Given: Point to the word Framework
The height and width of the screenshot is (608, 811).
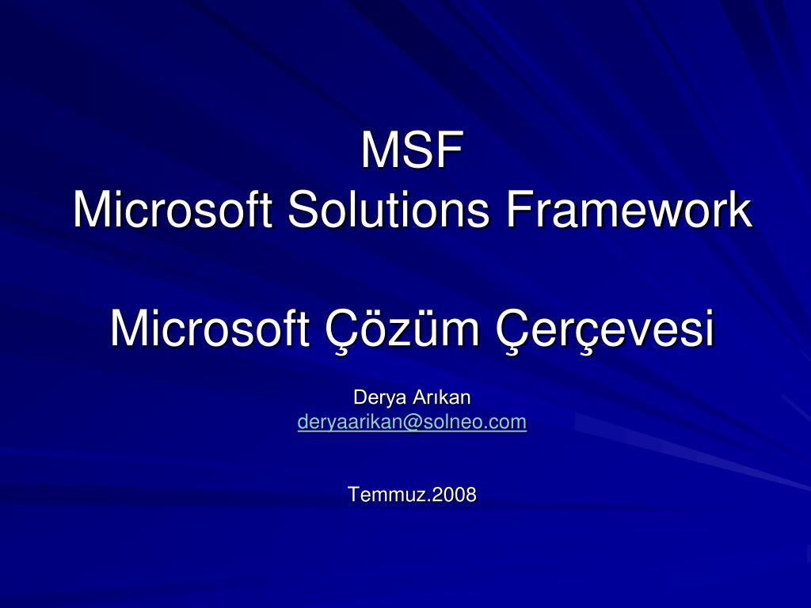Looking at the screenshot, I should pos(629,210).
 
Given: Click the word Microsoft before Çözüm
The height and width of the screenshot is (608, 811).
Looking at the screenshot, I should pos(209,329).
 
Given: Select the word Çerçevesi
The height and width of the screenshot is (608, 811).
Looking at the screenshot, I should pos(605,329).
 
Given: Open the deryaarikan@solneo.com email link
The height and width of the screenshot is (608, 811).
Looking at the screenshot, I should pos(412,423).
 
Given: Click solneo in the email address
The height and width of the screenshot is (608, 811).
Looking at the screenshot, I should pos(448,423).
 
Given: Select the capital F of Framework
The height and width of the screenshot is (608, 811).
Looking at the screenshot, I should pos(517,210).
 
